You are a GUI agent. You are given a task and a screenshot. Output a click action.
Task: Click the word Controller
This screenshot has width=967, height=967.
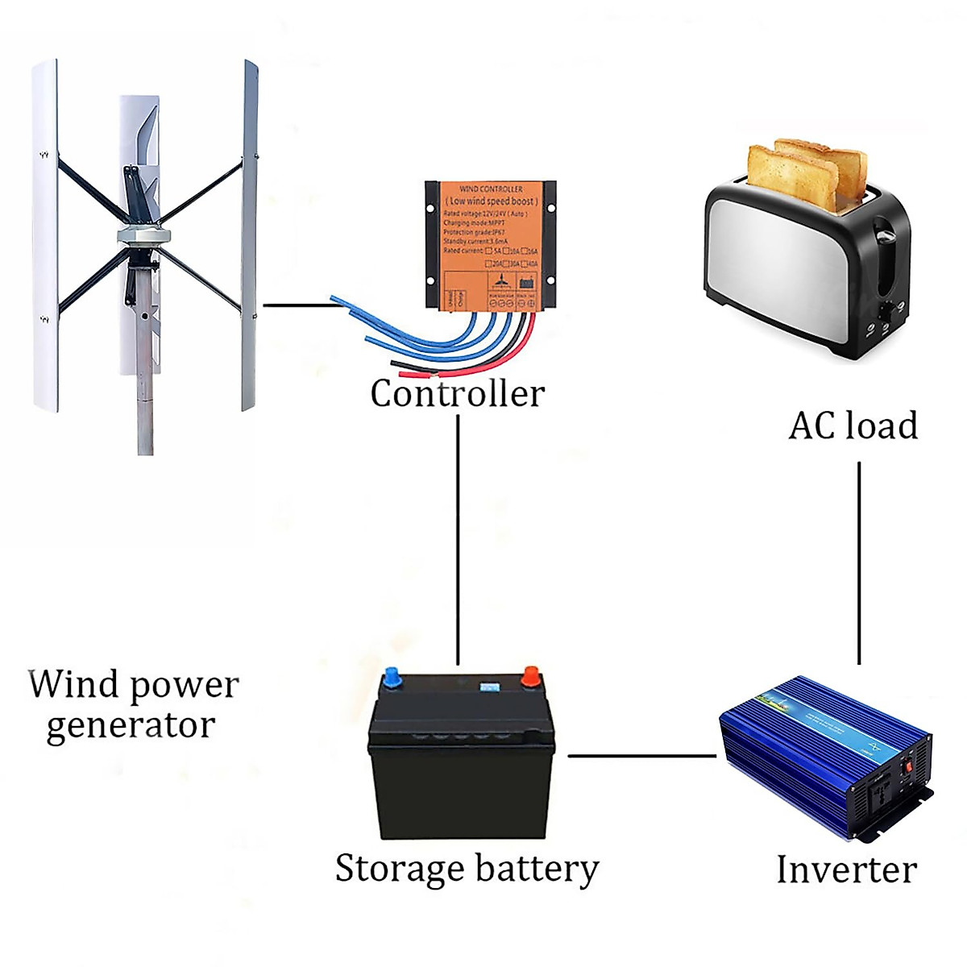click(x=457, y=394)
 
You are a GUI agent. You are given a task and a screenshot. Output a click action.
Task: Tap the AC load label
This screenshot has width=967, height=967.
click(x=853, y=426)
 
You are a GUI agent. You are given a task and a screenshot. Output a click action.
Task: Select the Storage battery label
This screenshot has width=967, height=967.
click(x=467, y=869)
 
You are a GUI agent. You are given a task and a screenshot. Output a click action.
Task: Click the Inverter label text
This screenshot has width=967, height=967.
click(x=846, y=870)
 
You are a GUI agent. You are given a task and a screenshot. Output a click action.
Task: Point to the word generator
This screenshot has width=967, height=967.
click(x=131, y=726)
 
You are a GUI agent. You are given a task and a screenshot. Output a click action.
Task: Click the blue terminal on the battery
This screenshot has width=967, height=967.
click(x=392, y=678)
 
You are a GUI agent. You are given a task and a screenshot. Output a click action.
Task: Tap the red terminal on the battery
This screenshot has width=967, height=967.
click(x=530, y=675)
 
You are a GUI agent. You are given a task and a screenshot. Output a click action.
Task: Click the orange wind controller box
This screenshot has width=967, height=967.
click(x=491, y=242)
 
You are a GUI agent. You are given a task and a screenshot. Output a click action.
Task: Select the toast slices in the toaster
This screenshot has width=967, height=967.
click(x=806, y=173)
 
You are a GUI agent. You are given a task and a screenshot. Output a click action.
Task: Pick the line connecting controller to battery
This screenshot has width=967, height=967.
click(x=458, y=540)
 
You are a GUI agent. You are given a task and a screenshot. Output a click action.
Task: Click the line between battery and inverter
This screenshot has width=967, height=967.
click(x=641, y=756)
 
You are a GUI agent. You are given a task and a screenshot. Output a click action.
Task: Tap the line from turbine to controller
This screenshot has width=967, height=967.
click(x=298, y=305)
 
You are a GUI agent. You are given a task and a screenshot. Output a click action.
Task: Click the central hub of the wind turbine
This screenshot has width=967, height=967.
click(x=143, y=234)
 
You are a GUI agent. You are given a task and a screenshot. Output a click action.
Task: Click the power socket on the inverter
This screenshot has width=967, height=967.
click(x=885, y=793)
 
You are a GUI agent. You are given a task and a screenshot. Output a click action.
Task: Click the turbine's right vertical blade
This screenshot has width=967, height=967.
click(x=250, y=234)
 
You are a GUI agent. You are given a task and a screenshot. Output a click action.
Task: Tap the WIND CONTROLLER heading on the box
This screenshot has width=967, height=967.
click(x=491, y=189)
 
